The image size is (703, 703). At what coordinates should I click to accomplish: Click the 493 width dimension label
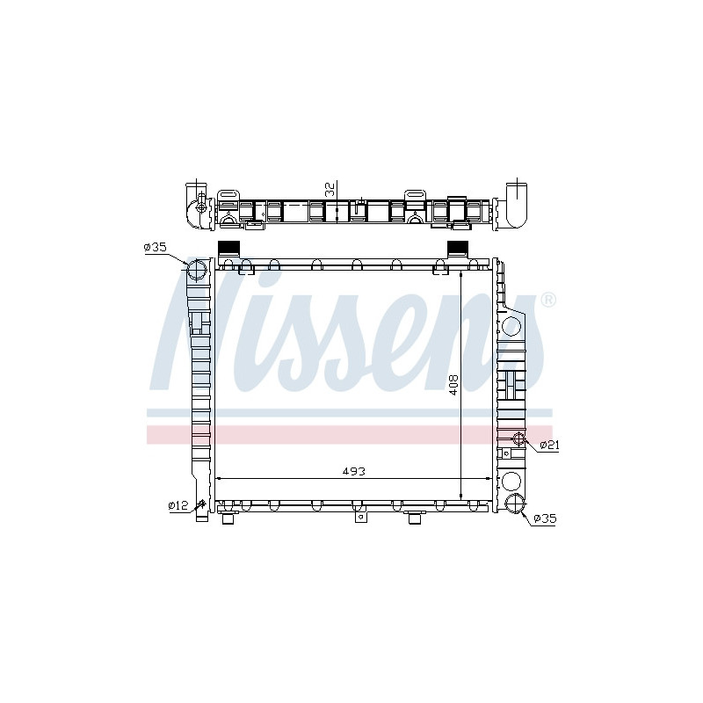pyautogui.click(x=354, y=471)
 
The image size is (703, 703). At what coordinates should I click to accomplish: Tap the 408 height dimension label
pyautogui.click(x=453, y=385)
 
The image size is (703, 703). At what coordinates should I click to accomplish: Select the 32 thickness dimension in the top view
pyautogui.click(x=330, y=189)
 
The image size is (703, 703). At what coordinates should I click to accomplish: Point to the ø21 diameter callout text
pyautogui.click(x=549, y=445)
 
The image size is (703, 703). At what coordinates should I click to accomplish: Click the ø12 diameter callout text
pyautogui.click(x=178, y=505)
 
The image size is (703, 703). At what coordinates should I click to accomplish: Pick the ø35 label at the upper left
pyautogui.click(x=156, y=247)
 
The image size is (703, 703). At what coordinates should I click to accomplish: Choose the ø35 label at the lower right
pyautogui.click(x=545, y=518)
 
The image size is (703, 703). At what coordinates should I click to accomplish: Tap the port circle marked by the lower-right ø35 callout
pyautogui.click(x=515, y=503)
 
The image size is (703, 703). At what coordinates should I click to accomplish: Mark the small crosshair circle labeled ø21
pyautogui.click(x=518, y=438)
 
